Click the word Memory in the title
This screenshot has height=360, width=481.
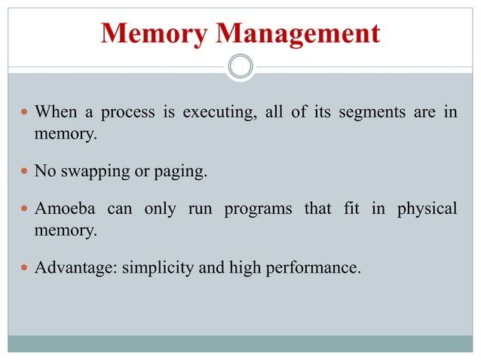click(148, 33)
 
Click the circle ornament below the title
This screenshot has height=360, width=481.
click(240, 66)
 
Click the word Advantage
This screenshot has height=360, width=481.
click(72, 267)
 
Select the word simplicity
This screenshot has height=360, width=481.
click(151, 267)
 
